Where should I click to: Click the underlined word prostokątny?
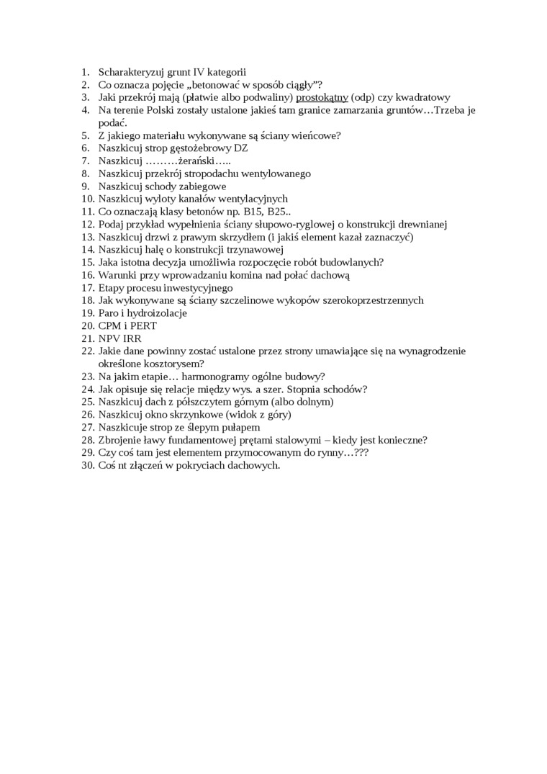point(322,97)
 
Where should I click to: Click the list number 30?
point(87,465)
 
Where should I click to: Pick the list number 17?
point(87,287)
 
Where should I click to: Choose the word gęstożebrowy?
point(199,148)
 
